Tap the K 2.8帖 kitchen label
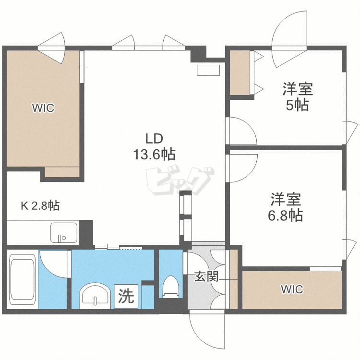tap(40, 206)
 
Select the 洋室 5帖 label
tap(297, 96)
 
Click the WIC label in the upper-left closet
tap(43, 108)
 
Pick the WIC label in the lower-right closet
tap(292, 289)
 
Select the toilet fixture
tap(170, 287)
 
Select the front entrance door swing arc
tap(206, 331)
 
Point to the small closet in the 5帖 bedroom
tap(240, 73)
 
